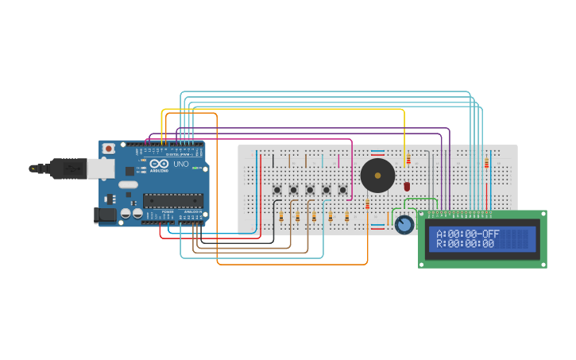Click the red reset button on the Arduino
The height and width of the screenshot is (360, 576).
tap(108, 149)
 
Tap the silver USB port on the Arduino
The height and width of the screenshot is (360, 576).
tap(99, 168)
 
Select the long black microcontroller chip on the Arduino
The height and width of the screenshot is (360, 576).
tap(172, 200)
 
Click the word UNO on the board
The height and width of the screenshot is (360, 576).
tap(180, 163)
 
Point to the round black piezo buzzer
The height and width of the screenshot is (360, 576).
tap(377, 175)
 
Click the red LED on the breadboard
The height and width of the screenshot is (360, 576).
tap(407, 186)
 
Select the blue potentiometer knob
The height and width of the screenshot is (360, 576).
tap(404, 225)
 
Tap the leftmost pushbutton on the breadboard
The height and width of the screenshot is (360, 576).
tap(277, 190)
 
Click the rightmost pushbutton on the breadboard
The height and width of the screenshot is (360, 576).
tap(343, 190)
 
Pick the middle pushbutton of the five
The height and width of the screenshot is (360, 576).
tap(310, 190)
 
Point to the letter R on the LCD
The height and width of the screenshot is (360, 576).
tap(439, 244)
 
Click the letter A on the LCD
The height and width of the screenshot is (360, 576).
tap(439, 234)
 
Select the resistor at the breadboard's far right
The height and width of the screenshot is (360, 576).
tap(486, 163)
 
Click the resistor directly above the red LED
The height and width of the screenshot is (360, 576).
tap(408, 160)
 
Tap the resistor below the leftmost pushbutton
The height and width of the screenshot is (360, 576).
tap(281, 216)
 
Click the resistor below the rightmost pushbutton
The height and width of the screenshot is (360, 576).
tap(347, 216)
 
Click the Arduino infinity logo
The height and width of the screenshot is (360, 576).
tap(155, 165)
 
